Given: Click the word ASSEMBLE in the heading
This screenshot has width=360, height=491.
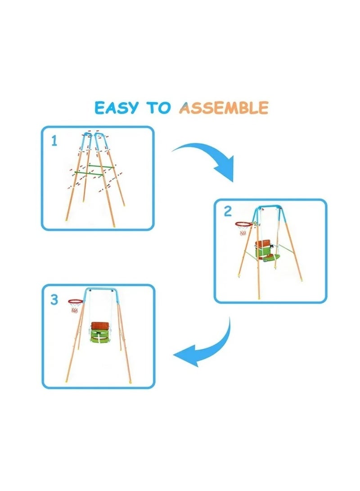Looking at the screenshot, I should (224, 108).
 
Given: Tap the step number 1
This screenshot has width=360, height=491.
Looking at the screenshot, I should (54, 142).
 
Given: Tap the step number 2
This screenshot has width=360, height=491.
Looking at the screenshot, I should (228, 212).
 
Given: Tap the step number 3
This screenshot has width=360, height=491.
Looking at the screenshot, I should (54, 300).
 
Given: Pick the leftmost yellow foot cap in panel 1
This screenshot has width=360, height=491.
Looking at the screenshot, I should (67, 219).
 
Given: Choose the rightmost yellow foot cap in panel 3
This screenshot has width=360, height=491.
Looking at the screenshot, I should (130, 381).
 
